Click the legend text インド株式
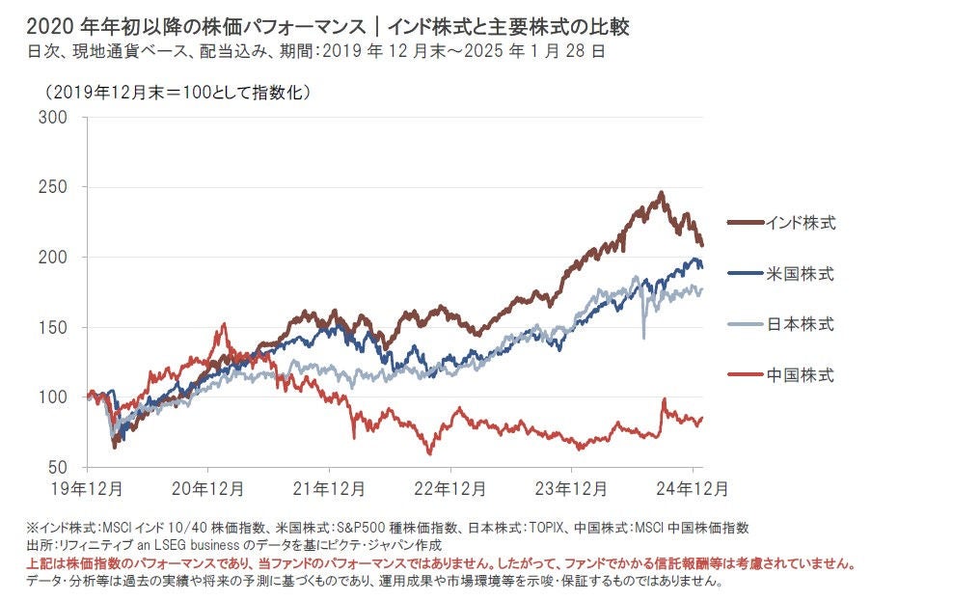click(x=800, y=224)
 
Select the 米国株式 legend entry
click(x=800, y=275)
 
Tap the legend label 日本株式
click(x=800, y=324)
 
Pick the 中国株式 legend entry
click(x=800, y=374)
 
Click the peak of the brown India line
click(x=661, y=193)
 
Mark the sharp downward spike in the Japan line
click(x=643, y=337)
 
